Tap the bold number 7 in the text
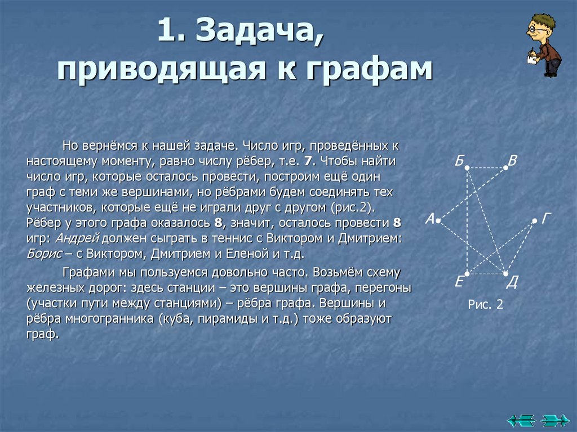(x=308, y=161)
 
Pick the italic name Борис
(x=44, y=253)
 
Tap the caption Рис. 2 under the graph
(x=485, y=305)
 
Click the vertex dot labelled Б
(x=467, y=168)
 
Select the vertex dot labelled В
(x=505, y=167)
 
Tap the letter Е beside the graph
(x=459, y=282)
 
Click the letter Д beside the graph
(x=512, y=282)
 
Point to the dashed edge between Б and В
(x=486, y=168)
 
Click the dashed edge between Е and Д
(x=486, y=274)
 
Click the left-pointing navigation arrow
(x=520, y=419)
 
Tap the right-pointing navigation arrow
(x=554, y=419)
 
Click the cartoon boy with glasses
(x=544, y=45)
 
